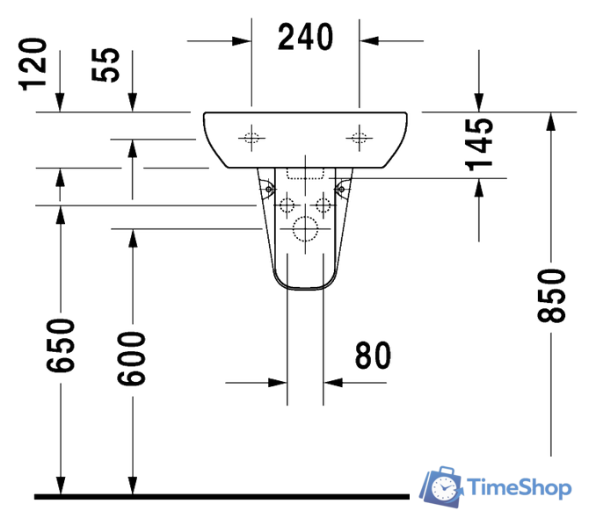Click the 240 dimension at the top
(305, 38)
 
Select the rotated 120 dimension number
(33, 62)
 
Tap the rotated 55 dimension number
(108, 66)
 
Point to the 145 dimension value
(479, 144)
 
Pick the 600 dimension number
(133, 357)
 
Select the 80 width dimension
(373, 356)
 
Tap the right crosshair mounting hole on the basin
(359, 136)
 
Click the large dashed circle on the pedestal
(305, 229)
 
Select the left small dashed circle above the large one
(287, 206)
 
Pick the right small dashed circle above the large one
(323, 206)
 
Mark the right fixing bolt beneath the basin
(341, 186)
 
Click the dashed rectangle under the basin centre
(305, 172)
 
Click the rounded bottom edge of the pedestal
(305, 288)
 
